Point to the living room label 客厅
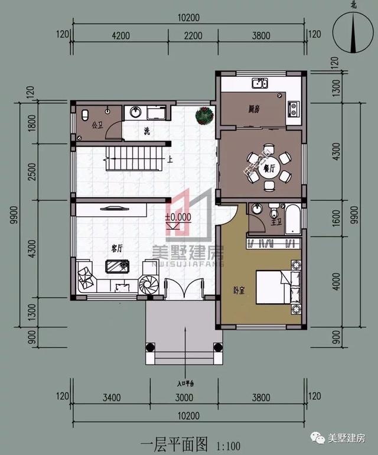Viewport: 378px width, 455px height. [x=116, y=249]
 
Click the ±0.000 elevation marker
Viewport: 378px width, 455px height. [x=178, y=217]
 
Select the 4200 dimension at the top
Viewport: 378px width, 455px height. [x=120, y=36]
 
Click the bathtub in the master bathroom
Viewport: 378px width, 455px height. [x=292, y=219]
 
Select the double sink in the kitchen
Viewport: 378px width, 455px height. [x=259, y=83]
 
